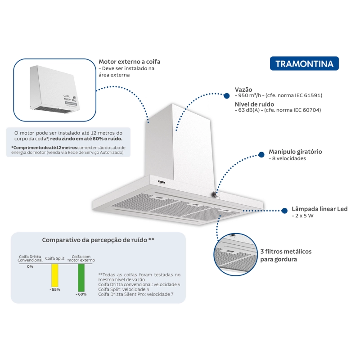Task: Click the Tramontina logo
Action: coord(304,63)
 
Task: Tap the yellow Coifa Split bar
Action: coord(54,275)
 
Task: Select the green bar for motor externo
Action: coord(81,278)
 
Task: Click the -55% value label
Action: coord(55,289)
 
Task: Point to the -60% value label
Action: coord(81,294)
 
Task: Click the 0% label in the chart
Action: coord(30,266)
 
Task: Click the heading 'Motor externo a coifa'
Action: coord(130,62)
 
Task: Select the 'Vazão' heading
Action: coord(243,90)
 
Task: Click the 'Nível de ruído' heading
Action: coord(254,104)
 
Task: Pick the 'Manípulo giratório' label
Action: coord(295,152)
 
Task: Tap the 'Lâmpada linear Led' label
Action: coord(319,209)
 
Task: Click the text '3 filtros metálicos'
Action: coord(286,252)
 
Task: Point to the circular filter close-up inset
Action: coord(235,254)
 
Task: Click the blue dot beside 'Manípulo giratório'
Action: coord(261,154)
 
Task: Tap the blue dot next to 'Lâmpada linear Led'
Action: coord(284,211)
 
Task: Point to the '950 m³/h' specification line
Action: coord(279,95)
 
